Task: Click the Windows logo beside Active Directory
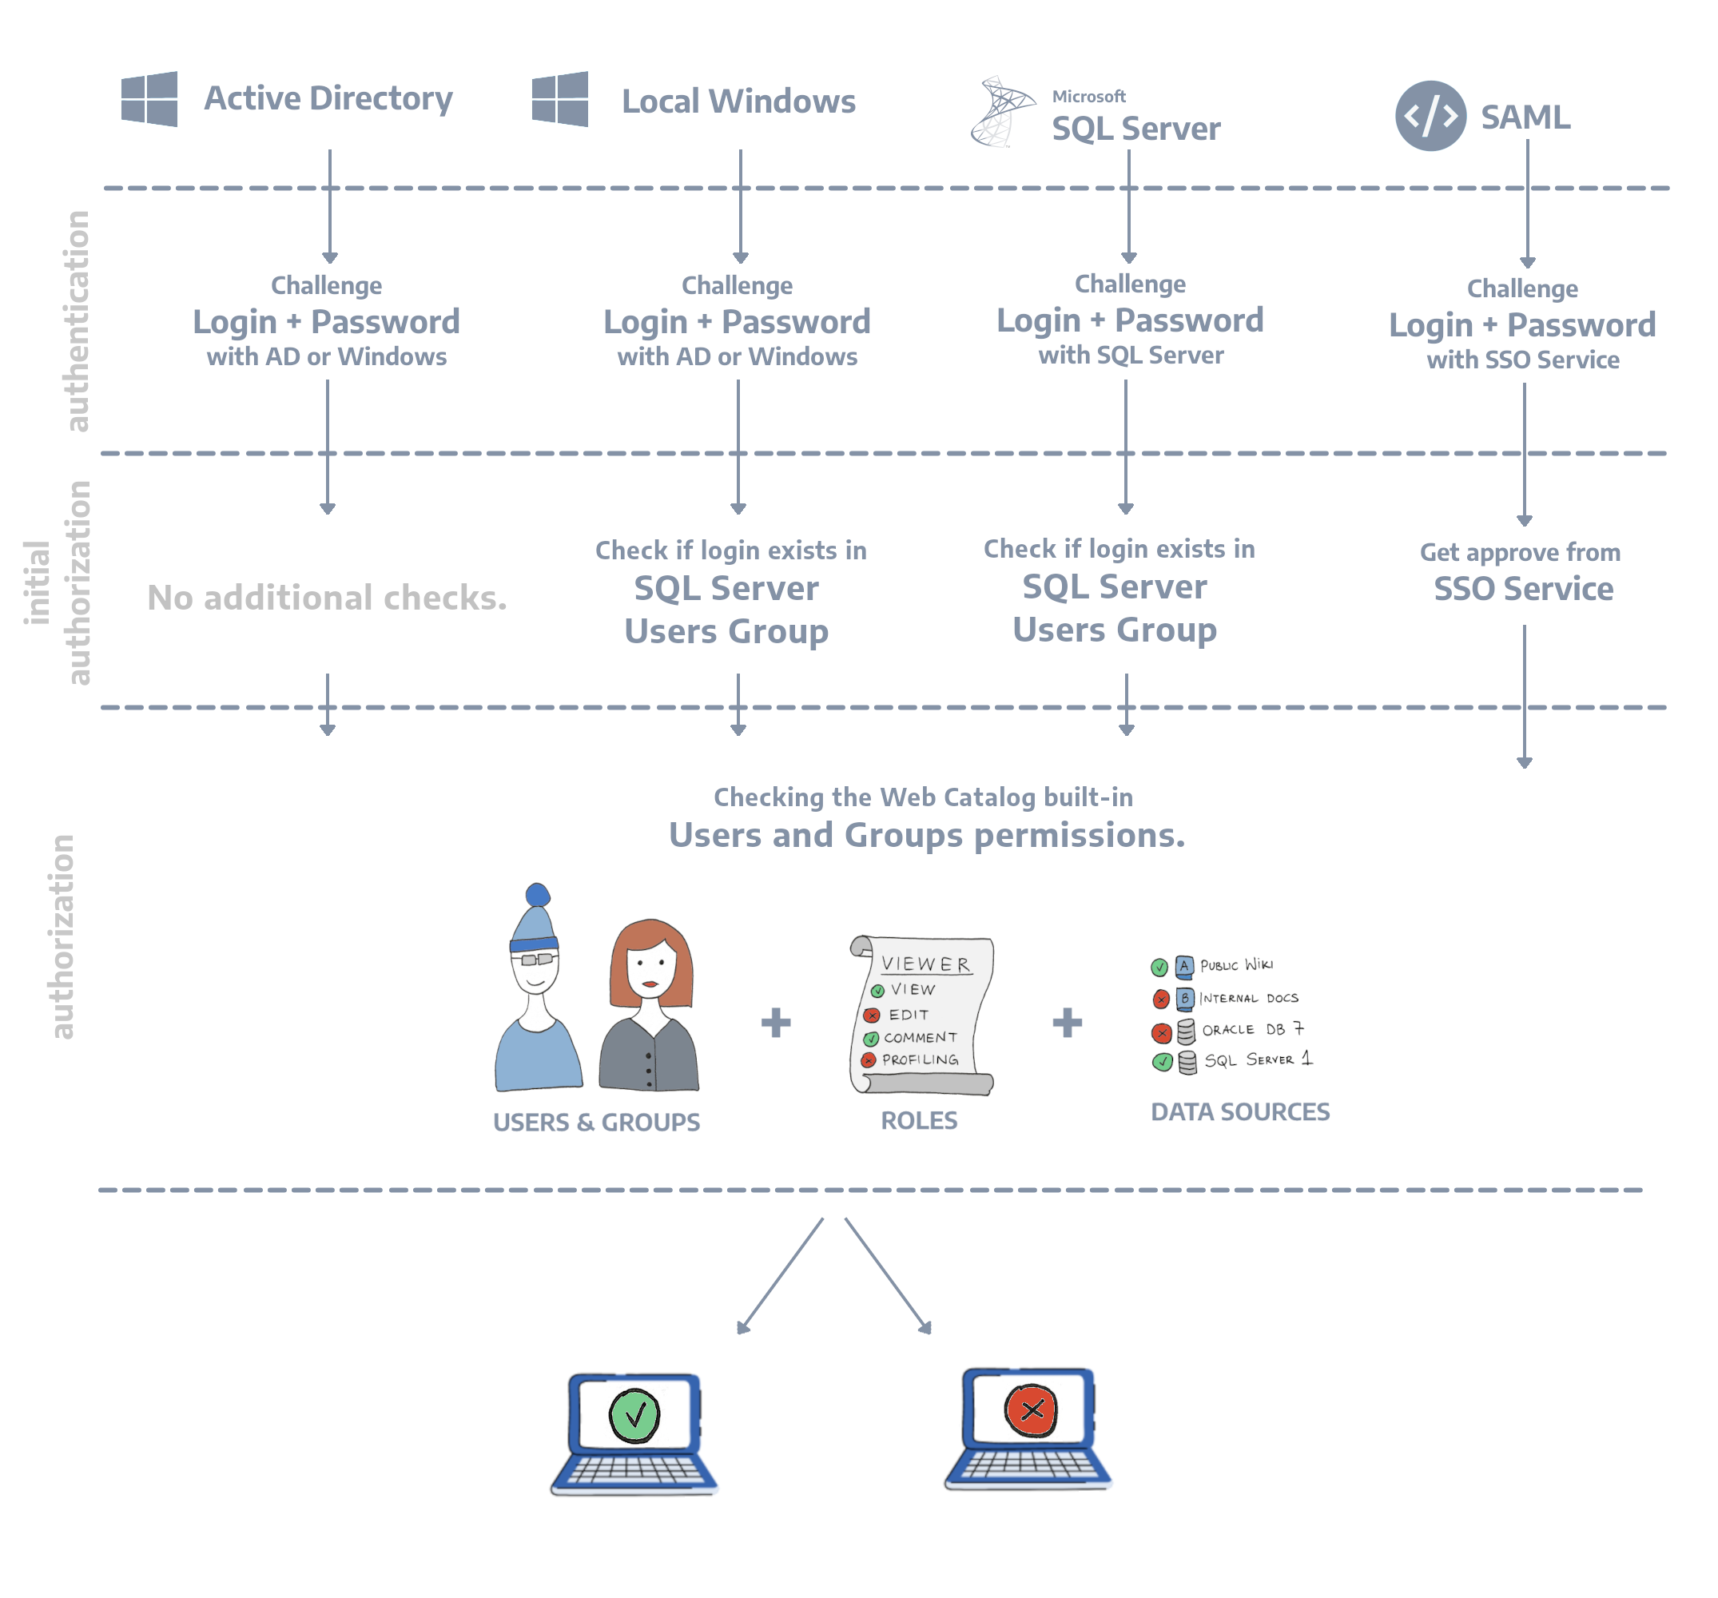(149, 99)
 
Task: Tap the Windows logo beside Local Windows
(560, 99)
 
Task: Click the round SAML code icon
(1430, 116)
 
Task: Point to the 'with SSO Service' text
(1523, 360)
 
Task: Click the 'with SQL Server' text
(1131, 356)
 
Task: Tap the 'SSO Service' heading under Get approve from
(1523, 590)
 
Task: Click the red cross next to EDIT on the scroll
(872, 1016)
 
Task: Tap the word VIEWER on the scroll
(925, 964)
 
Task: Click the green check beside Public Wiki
(1159, 967)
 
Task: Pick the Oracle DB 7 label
(1251, 1029)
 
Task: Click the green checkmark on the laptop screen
(634, 1415)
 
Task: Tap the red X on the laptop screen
(1030, 1410)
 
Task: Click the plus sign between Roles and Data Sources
(1068, 1023)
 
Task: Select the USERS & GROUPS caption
(596, 1122)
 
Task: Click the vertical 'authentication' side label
(78, 321)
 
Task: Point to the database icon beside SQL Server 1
(1187, 1062)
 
